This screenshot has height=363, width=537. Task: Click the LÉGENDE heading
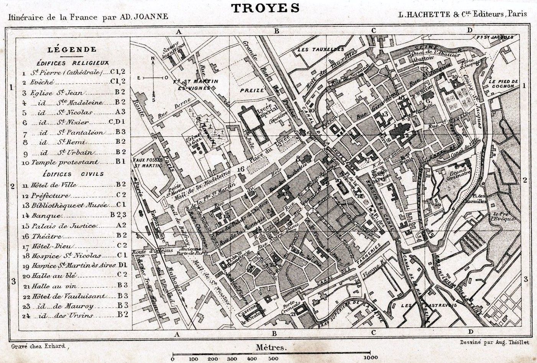click(72, 49)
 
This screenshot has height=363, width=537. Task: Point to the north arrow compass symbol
click(153, 78)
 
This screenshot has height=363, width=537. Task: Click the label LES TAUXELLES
click(320, 50)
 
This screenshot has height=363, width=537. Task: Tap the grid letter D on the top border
click(470, 31)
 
